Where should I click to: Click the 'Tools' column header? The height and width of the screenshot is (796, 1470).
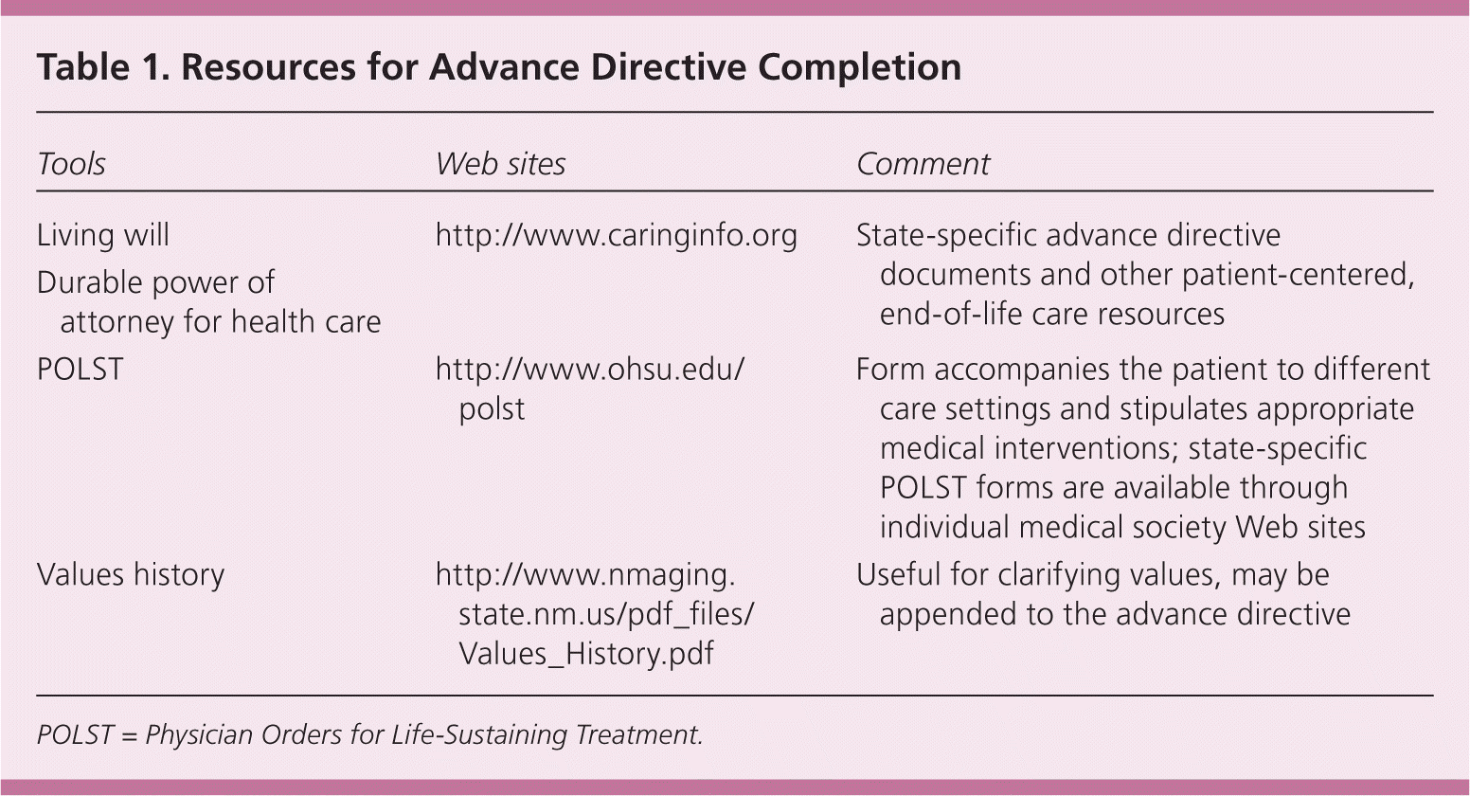[x=71, y=164]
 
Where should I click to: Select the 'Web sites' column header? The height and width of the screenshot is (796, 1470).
[x=500, y=164]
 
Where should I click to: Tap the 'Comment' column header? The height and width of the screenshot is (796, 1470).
[x=923, y=164]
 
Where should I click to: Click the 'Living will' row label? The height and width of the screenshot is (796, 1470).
[x=103, y=235]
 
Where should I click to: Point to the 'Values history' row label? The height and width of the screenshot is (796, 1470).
[x=131, y=574]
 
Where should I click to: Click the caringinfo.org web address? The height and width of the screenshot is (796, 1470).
[x=617, y=236]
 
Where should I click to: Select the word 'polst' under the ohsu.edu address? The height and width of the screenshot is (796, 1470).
[x=492, y=409]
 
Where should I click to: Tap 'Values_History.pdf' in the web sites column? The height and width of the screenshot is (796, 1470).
[x=586, y=654]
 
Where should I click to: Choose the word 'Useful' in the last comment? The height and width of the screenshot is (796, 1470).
[x=899, y=574]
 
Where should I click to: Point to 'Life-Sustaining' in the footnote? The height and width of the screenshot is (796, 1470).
[x=479, y=735]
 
